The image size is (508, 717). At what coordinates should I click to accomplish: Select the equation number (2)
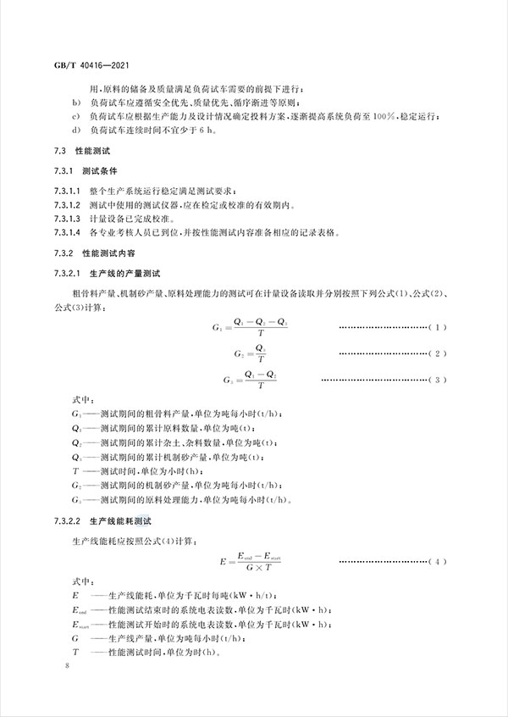433,353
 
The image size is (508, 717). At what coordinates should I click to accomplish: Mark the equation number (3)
433,379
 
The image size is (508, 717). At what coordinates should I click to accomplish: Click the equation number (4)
433,561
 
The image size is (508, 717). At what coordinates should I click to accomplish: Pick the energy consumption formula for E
256,561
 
